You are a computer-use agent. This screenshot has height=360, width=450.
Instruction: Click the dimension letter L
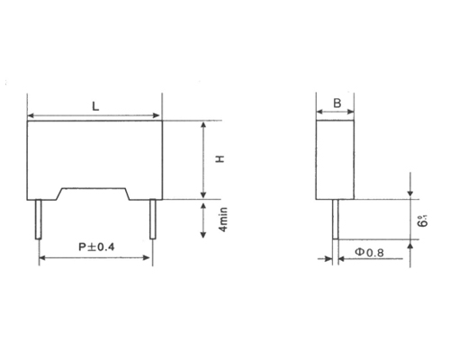coord(95,106)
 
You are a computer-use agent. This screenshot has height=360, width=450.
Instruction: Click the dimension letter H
coord(219,159)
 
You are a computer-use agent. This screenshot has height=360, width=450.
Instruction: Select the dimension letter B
coord(336,104)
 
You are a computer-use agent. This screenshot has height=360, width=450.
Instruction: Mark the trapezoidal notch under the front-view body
coord(94,193)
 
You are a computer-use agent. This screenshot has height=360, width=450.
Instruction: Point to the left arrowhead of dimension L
coord(32,115)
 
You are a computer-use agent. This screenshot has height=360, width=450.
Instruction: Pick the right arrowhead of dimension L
coord(157,115)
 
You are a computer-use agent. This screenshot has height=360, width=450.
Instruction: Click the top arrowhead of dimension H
coord(205,125)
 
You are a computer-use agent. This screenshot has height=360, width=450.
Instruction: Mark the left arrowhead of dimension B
coord(319,114)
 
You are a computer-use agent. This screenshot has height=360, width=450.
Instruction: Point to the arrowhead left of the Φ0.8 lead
coord(328,258)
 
